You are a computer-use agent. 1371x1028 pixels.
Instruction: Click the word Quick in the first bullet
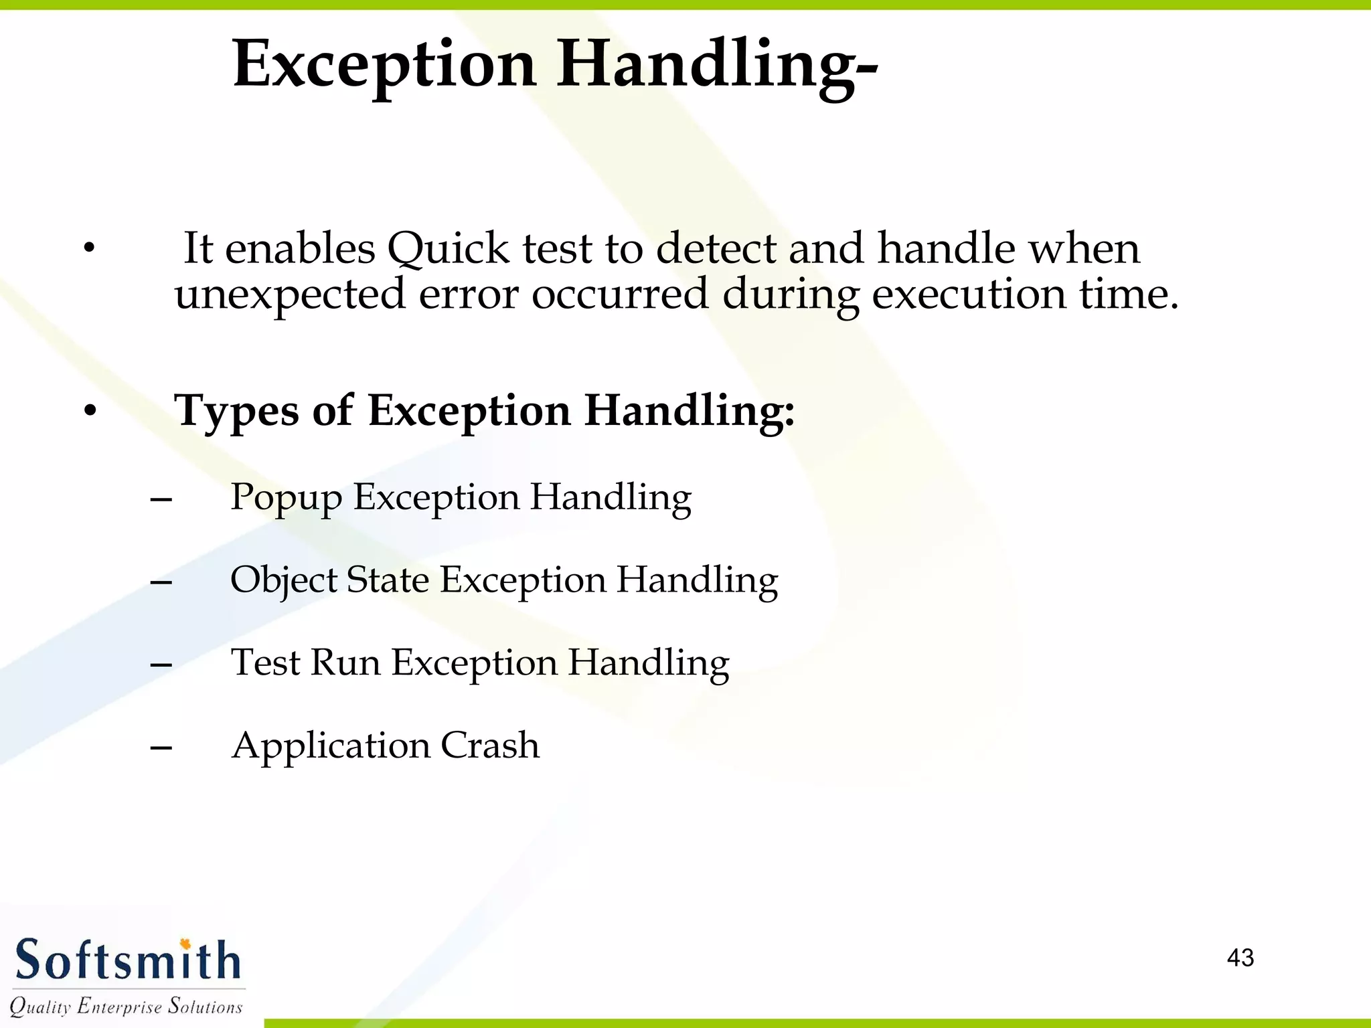448,249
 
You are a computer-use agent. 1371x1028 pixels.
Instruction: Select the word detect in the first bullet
716,248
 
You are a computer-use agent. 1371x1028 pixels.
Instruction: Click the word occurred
619,294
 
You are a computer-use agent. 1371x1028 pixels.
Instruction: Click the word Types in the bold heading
236,412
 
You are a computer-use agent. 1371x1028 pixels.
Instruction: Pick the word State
387,580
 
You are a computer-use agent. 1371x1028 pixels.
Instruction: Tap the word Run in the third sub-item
345,663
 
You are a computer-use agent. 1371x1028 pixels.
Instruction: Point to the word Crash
489,746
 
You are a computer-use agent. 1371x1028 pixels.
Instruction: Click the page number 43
1240,958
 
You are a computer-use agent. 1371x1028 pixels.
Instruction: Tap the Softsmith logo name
128,960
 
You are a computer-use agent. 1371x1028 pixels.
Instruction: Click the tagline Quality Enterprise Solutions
126,1006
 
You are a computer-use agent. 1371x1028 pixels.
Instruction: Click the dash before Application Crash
161,747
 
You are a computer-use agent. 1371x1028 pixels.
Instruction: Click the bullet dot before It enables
89,249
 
